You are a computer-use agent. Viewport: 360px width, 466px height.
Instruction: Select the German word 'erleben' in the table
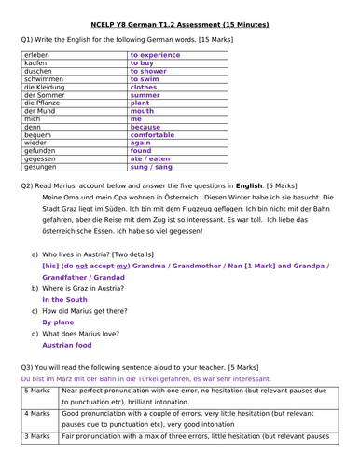[38, 56]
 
